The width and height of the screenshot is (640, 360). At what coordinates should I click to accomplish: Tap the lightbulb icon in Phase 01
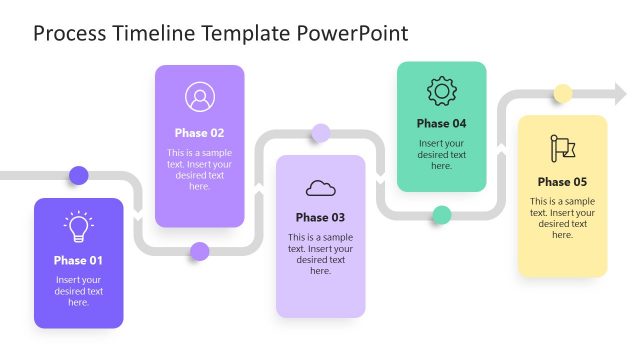78,227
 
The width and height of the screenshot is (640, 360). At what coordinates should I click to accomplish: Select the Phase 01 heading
78,260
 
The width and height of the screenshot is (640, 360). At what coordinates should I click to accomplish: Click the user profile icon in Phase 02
199,97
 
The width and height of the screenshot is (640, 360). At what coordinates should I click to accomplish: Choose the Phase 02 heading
199,132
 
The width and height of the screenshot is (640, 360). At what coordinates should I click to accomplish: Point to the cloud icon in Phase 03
320,187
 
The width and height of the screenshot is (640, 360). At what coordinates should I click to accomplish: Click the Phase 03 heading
320,217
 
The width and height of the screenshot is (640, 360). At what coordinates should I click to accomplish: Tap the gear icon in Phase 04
441,92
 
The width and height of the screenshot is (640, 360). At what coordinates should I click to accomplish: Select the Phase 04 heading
441,124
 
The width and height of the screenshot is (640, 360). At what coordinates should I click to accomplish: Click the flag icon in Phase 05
562,148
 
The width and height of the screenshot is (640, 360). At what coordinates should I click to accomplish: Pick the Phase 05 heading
562,182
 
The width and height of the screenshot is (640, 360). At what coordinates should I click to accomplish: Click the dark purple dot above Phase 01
78,175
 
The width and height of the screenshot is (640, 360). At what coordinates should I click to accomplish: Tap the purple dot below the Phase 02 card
199,251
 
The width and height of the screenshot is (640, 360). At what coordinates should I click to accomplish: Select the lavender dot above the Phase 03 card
320,132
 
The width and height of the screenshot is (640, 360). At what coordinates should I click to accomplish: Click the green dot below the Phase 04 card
441,214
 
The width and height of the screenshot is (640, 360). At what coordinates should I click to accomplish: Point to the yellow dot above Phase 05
562,94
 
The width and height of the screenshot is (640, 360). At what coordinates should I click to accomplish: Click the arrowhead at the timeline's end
620,94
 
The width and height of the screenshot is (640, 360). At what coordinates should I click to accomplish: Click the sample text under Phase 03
320,254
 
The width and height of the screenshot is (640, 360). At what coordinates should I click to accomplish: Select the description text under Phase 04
441,154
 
